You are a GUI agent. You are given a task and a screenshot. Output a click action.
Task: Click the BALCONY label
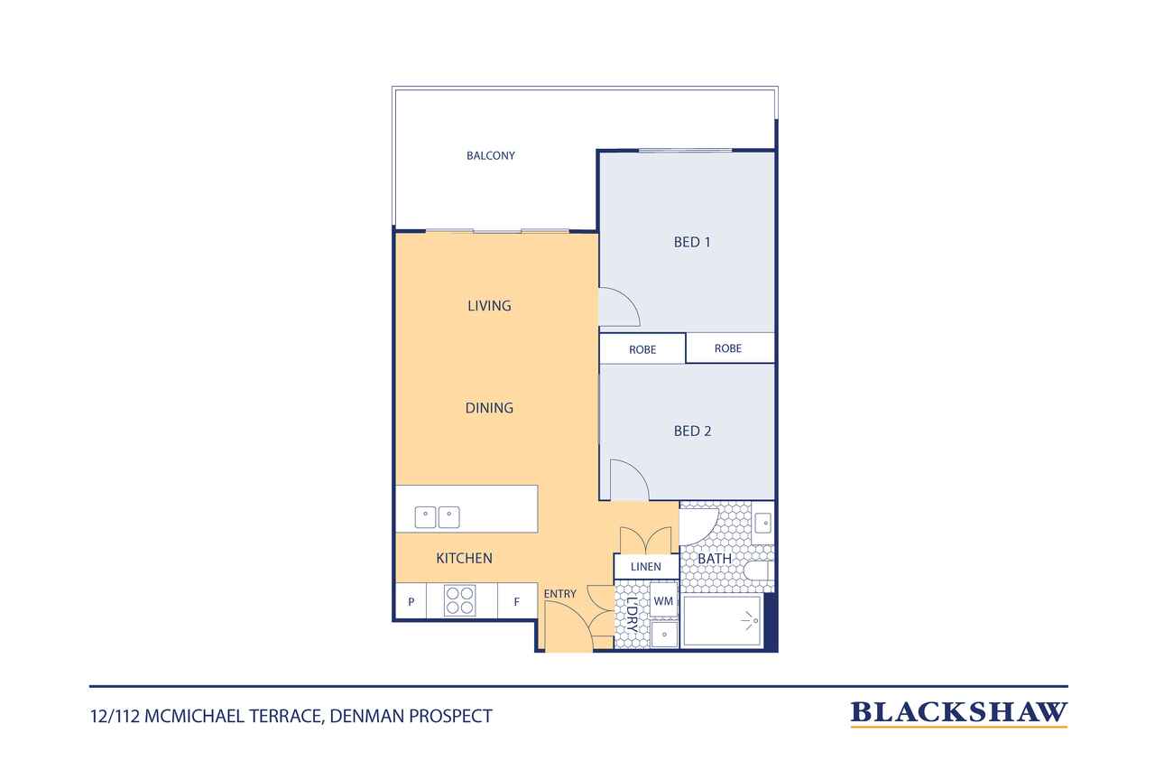[490, 156]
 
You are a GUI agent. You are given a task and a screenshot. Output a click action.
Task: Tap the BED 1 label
[692, 242]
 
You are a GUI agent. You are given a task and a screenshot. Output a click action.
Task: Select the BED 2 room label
[692, 431]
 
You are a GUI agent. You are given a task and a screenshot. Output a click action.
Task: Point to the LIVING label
[489, 306]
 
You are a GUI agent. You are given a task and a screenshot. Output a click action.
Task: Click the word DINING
[489, 408]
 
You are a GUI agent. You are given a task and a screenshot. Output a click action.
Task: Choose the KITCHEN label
[464, 558]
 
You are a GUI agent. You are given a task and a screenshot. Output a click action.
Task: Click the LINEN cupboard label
[645, 567]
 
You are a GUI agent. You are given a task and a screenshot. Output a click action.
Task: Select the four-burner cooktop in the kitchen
[460, 600]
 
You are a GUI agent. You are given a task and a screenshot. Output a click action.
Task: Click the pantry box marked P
[411, 601]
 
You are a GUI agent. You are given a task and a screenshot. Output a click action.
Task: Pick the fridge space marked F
[517, 601]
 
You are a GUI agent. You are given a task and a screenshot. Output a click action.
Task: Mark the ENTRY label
[560, 594]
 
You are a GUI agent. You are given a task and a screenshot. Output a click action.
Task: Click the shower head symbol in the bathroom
[750, 621]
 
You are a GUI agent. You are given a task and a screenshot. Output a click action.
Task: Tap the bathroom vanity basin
[763, 523]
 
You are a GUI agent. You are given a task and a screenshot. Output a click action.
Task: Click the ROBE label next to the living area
[642, 349]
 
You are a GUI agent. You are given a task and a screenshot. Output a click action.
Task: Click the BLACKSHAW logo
[958, 714]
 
